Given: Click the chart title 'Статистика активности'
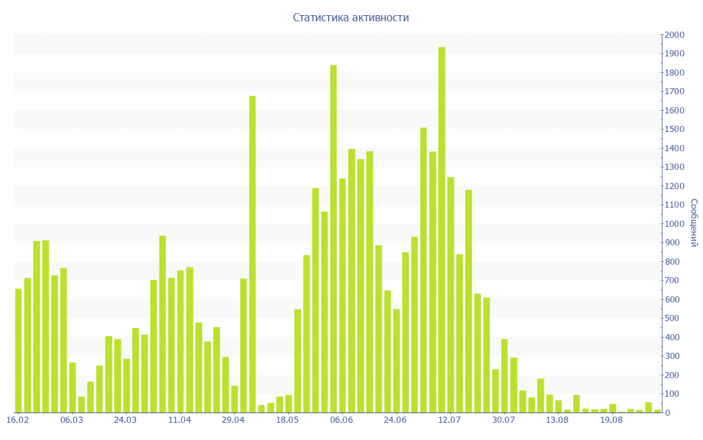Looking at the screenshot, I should point(351,18).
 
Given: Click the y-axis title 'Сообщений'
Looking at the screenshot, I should point(694,223).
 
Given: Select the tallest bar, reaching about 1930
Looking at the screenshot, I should point(441,230).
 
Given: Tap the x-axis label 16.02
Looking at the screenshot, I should point(18,420).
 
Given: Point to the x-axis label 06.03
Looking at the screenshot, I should point(71,420).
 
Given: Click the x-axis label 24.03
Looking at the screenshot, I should point(126,420).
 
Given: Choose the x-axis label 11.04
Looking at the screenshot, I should point(179,420).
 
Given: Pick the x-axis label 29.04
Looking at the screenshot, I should point(233,420).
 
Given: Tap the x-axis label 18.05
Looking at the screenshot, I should point(287,420).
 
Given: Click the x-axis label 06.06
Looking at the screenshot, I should point(341,420).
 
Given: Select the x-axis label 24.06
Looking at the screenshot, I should point(395,420).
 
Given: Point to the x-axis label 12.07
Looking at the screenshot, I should point(449,420).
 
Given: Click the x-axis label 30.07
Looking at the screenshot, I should point(503,420).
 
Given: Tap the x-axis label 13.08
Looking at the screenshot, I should point(557,420).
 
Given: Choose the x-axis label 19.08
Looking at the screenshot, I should point(611,420).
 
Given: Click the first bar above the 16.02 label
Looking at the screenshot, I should point(19,351).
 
